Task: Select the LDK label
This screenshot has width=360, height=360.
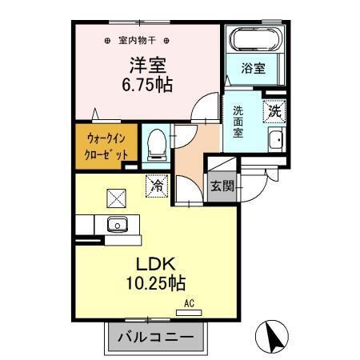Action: [159, 265]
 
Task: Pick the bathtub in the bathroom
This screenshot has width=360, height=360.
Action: [254, 41]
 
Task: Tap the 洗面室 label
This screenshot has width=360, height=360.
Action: [239, 122]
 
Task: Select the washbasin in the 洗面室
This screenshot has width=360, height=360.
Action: [276, 141]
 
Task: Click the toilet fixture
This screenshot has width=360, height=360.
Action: [158, 143]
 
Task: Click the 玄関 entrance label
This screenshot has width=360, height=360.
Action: [222, 186]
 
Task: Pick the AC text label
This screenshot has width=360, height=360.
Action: [190, 303]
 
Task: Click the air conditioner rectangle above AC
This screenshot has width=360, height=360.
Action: [190, 311]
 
